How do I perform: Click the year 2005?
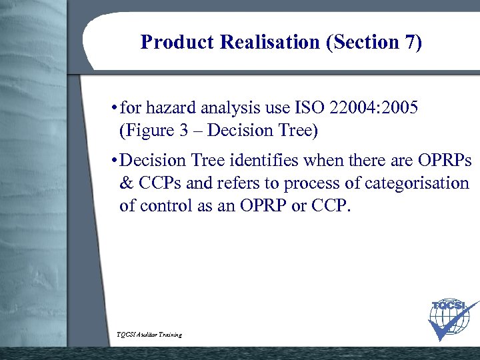point(400,108)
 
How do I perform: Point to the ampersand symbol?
point(125,183)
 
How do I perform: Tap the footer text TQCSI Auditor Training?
point(149,334)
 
